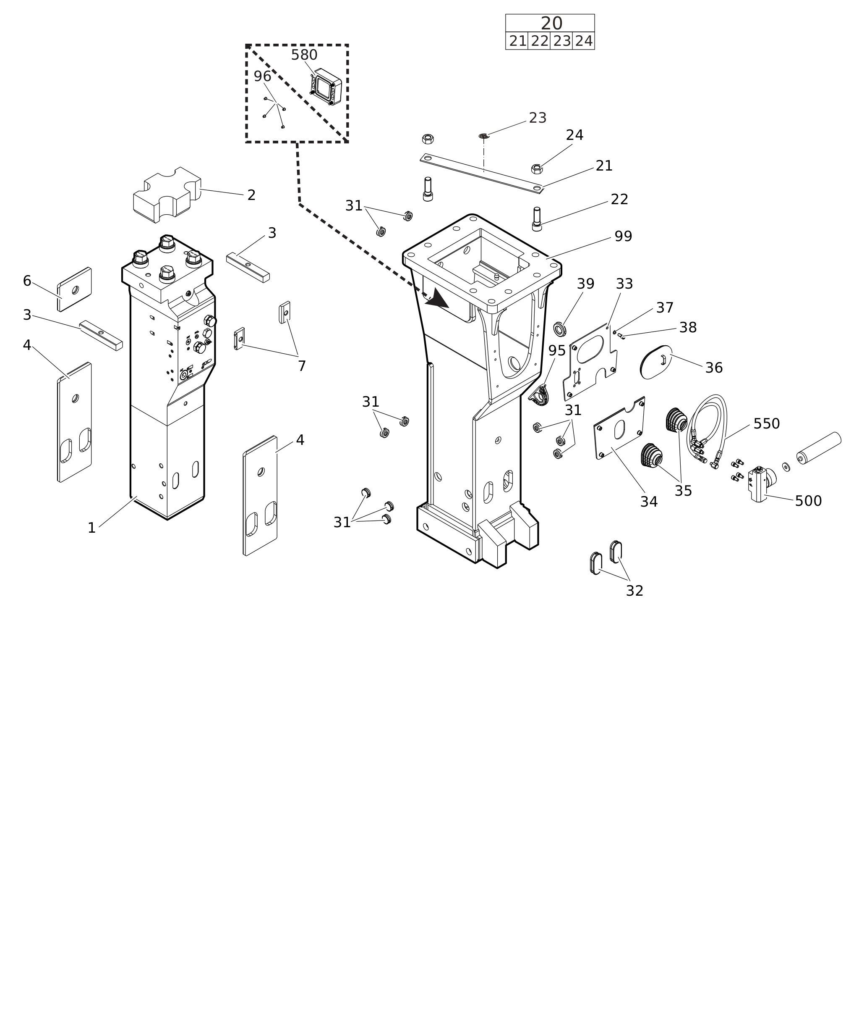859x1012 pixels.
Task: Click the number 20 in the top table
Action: tap(551, 24)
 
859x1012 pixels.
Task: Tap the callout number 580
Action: tap(304, 55)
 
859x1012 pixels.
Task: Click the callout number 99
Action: tap(623, 237)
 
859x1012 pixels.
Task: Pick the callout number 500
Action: tap(808, 501)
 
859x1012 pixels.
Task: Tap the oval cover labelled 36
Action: tap(656, 362)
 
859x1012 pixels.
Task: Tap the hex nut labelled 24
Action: tap(537, 169)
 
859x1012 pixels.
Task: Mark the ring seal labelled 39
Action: tap(560, 329)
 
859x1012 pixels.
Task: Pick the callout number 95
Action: tap(557, 351)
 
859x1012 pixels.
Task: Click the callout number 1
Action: tap(91, 528)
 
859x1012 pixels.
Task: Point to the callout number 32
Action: tap(634, 591)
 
